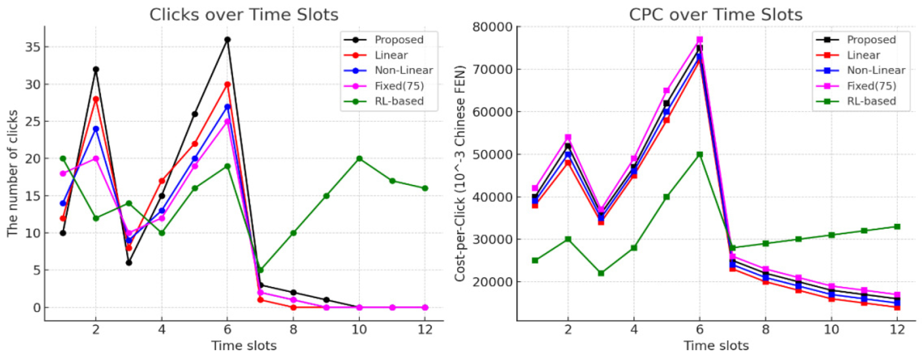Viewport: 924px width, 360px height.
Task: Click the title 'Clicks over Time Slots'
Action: (x=243, y=14)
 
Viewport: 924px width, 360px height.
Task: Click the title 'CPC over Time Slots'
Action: (x=716, y=14)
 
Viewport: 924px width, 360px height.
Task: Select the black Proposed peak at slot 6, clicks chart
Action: (x=228, y=40)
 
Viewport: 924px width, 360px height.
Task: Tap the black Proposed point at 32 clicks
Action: (x=96, y=69)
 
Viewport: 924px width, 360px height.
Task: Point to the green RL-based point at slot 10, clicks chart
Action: (x=359, y=159)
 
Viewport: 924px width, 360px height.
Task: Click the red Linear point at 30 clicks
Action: (x=228, y=84)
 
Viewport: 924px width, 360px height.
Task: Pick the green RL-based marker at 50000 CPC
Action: (x=700, y=155)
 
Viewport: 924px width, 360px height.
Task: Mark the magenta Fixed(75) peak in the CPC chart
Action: (x=700, y=40)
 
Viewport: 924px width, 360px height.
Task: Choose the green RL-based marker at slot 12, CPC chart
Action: (x=897, y=227)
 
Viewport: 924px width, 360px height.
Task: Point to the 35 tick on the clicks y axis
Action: (x=32, y=47)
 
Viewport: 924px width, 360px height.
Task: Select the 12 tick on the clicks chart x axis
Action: (x=425, y=330)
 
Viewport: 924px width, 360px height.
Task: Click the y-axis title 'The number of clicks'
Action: (x=12, y=173)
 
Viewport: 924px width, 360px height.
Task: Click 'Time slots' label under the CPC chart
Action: (x=716, y=345)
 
